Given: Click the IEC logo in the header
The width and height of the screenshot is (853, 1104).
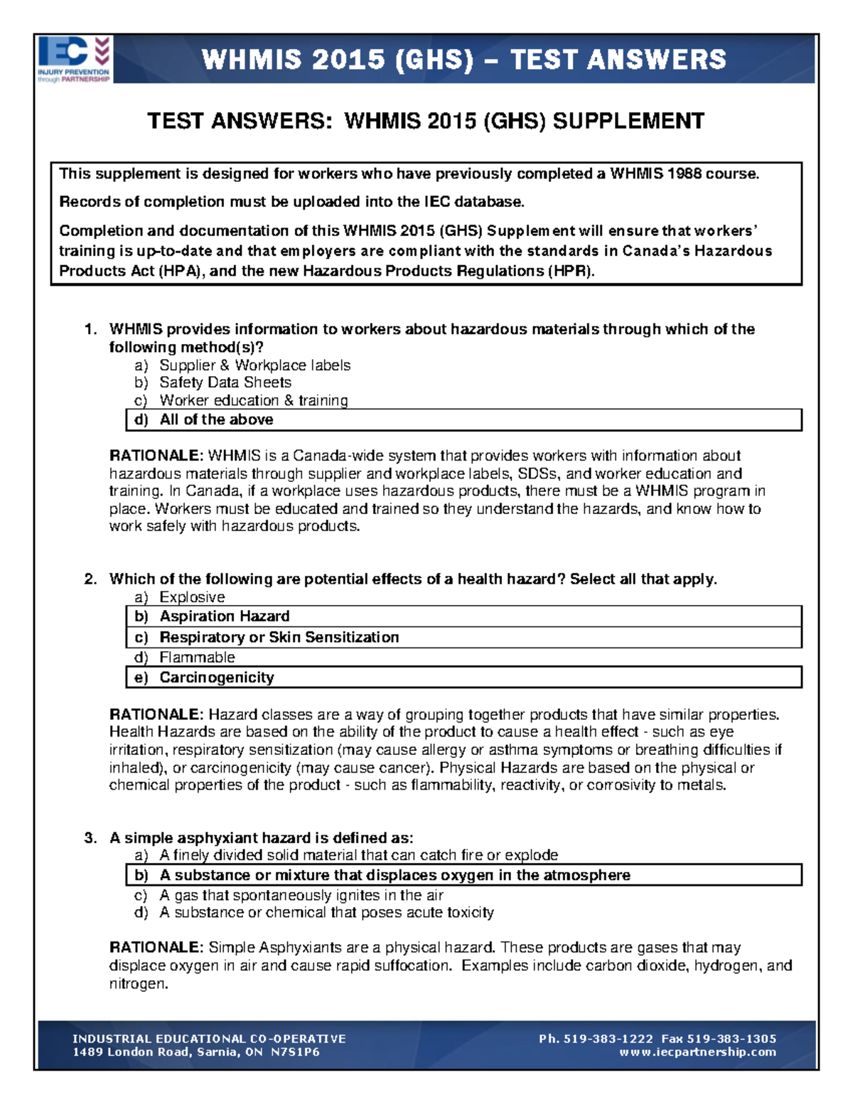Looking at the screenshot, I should (x=74, y=59).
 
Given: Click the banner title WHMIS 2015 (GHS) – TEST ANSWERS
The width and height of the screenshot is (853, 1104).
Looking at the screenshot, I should (x=463, y=59).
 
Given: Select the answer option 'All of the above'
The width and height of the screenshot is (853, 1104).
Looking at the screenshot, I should (x=216, y=419).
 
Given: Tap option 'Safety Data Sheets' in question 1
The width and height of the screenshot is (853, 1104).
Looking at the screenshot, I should (x=225, y=382).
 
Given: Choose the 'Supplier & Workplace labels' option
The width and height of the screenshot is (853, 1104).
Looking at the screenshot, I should (x=254, y=365).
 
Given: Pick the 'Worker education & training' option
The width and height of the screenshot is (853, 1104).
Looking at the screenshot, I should (x=253, y=400).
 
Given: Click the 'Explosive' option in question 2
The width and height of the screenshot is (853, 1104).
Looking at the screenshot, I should (x=192, y=597).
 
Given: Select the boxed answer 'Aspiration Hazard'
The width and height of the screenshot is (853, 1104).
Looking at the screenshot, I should (x=224, y=616).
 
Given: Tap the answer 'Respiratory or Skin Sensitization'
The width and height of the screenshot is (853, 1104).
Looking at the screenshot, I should (x=279, y=637).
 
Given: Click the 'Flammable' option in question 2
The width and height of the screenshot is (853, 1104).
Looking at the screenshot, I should (x=197, y=658).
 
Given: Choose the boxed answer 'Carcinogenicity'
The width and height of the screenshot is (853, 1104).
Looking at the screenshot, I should (x=216, y=677).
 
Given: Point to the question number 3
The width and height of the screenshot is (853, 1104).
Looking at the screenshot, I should (x=90, y=838).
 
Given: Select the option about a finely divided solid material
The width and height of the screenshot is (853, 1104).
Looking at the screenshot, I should (x=358, y=855).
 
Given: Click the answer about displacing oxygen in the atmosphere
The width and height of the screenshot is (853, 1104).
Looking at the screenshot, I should (x=395, y=875).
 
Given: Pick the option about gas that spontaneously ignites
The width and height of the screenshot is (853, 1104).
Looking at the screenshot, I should (x=301, y=895).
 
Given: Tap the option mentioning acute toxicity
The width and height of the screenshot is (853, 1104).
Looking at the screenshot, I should (x=326, y=913).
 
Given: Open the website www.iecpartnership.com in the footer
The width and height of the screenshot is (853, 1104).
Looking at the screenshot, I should (x=697, y=1052).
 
